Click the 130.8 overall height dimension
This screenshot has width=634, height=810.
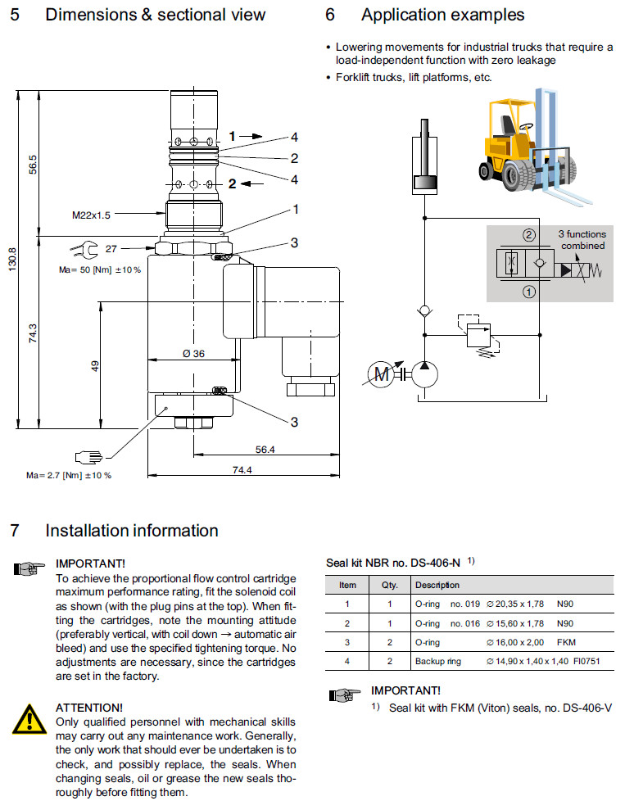click(x=11, y=261)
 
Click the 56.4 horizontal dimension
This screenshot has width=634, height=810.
click(x=265, y=450)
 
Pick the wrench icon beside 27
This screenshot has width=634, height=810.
click(x=85, y=248)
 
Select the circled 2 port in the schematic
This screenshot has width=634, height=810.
click(x=529, y=236)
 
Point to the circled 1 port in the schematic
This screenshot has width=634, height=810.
click(x=529, y=289)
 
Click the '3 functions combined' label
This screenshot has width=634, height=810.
click(x=582, y=240)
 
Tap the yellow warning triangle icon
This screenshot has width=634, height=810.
click(x=29, y=717)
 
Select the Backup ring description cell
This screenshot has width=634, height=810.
click(x=438, y=662)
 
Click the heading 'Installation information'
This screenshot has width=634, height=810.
click(x=132, y=531)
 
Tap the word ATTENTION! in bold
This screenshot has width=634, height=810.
click(x=89, y=707)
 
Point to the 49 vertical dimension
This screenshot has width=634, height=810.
click(x=95, y=365)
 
